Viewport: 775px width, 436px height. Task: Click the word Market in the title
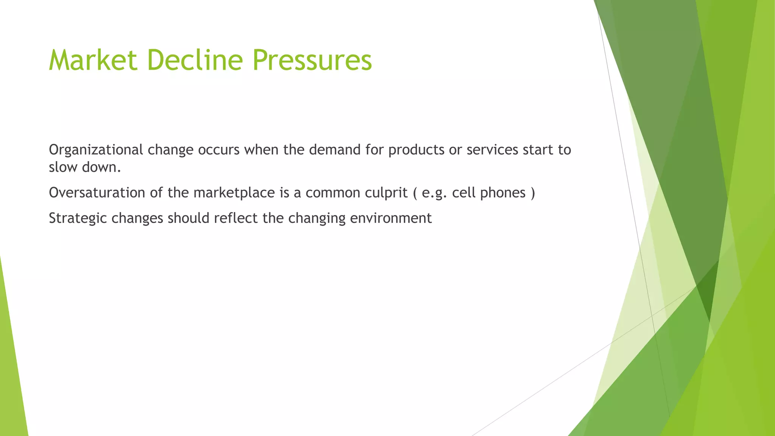(93, 60)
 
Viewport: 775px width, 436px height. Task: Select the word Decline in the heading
(195, 60)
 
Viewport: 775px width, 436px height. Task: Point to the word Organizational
(96, 150)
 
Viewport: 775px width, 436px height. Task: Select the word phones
(503, 193)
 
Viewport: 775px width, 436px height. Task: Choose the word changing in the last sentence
(317, 218)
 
